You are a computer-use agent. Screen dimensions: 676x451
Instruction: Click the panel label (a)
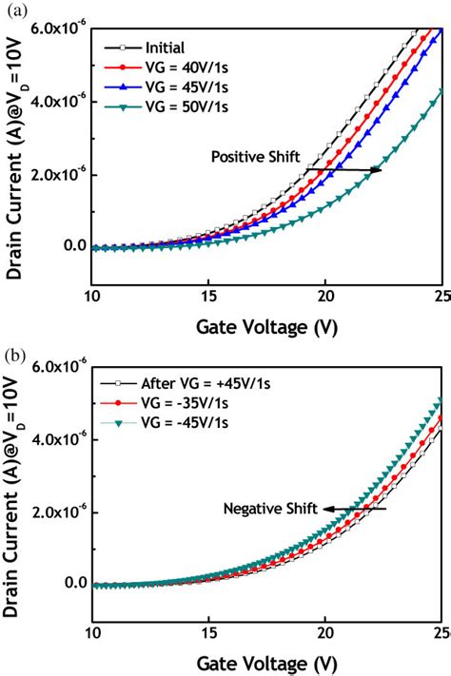[13, 10]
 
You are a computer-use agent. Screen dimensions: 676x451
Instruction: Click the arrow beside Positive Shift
[343, 170]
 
